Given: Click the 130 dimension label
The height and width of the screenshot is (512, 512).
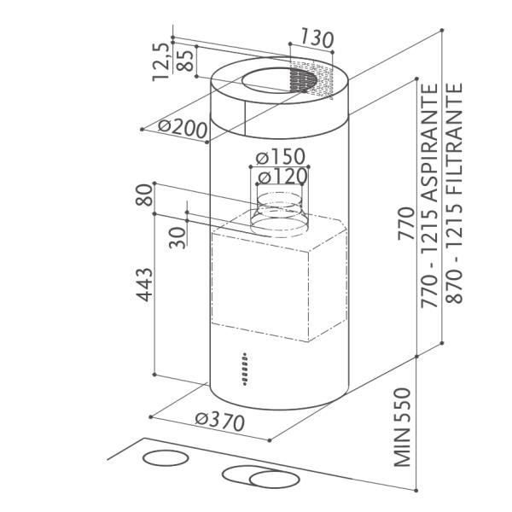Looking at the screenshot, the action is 317,38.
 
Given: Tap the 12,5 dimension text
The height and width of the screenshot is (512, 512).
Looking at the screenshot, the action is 161,61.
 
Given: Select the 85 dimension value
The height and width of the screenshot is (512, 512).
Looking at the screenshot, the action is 185,61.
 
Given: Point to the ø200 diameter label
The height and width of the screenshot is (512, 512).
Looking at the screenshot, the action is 183,129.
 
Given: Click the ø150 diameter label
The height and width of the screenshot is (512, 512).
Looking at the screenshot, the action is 281,157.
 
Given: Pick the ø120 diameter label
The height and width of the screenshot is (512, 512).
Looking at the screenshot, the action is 282,177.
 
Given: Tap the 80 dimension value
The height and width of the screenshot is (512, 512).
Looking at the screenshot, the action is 144,195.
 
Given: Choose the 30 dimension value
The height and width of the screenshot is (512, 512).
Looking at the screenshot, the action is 177,237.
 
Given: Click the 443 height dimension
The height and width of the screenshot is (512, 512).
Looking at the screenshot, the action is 144,284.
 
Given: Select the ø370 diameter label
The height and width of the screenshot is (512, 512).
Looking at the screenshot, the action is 220,422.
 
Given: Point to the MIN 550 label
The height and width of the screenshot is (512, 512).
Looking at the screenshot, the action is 402,428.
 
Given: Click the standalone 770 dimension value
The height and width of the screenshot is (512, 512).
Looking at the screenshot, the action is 406,223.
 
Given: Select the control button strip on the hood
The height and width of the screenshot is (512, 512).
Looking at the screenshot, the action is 245,369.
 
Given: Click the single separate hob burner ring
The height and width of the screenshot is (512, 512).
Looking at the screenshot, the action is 166,457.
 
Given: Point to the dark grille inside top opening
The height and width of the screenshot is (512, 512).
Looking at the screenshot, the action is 303,81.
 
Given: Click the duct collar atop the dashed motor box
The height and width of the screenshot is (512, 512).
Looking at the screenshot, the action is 278,214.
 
